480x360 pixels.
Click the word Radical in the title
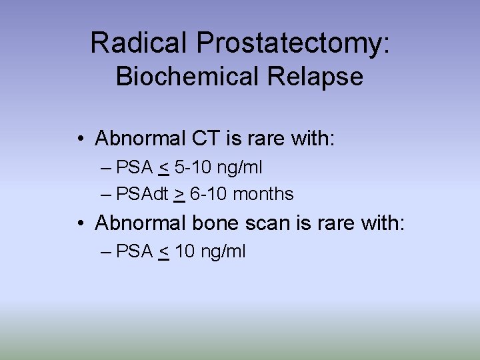coord(139,43)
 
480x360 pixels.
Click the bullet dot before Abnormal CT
coord(79,139)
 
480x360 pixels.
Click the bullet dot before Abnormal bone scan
coord(79,223)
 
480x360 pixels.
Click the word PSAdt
coord(142,194)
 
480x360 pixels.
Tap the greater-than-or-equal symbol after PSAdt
coord(179,195)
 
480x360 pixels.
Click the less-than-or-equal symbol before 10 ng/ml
coord(164,251)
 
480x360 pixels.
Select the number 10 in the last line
coord(185,251)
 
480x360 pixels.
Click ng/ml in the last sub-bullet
coord(223,251)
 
